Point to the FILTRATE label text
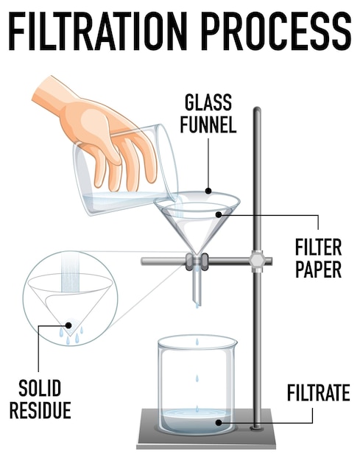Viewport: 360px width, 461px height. click(x=318, y=393)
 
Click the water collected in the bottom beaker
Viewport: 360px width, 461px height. click(x=197, y=421)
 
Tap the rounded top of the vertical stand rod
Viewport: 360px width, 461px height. click(x=257, y=111)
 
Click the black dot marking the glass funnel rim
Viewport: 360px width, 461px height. click(x=208, y=191)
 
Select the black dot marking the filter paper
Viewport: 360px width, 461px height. click(x=219, y=214)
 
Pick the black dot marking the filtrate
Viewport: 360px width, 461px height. click(x=218, y=423)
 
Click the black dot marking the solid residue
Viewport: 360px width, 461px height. click(x=69, y=323)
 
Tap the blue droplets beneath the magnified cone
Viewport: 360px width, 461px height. click(x=71, y=337)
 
